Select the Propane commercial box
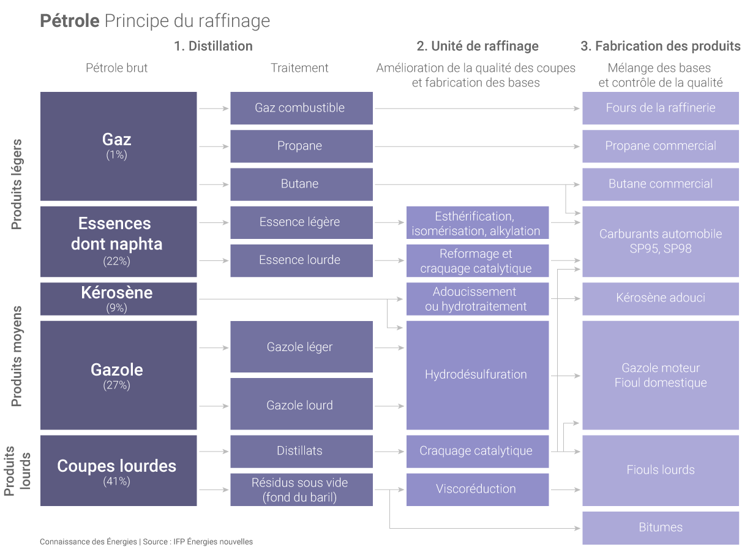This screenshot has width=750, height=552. click(660, 146)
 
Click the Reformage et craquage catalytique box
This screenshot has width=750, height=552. click(477, 261)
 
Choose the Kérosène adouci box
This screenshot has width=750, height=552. click(660, 298)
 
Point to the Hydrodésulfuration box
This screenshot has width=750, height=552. click(477, 374)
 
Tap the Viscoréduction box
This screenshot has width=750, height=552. click(477, 489)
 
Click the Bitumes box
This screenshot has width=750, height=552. click(660, 527)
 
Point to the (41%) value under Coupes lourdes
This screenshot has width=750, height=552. click(116, 482)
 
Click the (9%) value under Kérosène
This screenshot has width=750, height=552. click(116, 308)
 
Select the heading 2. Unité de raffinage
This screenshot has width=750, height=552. click(478, 46)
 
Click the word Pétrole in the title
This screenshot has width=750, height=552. click(69, 21)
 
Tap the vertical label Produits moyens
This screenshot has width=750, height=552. click(17, 357)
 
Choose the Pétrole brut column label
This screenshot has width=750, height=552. click(116, 68)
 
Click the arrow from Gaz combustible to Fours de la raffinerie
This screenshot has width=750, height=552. click(477, 108)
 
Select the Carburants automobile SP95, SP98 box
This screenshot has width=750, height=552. click(660, 241)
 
